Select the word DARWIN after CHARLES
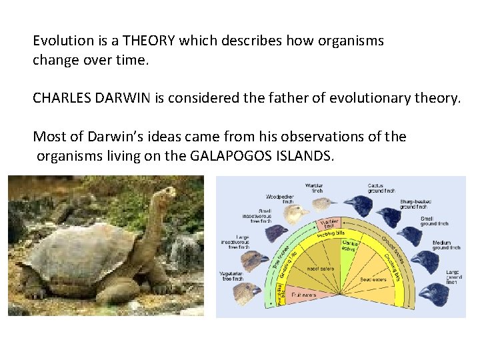pyautogui.click(x=117, y=99)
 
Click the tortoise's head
pyautogui.click(x=163, y=193)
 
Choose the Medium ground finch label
pyautogui.click(x=446, y=245)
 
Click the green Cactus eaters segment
pyautogui.click(x=350, y=247)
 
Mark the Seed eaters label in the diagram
pyautogui.click(x=373, y=279)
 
